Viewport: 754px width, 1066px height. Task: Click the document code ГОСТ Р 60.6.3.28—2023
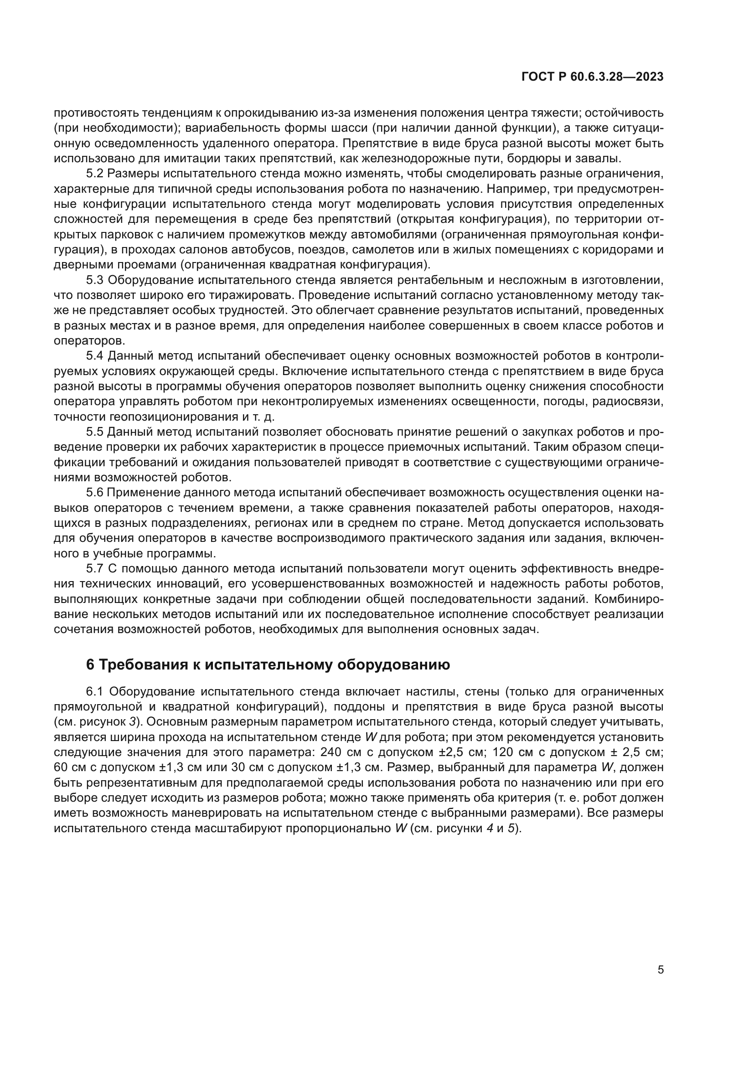point(592,77)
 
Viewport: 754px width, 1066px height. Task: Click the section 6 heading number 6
point(90,665)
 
